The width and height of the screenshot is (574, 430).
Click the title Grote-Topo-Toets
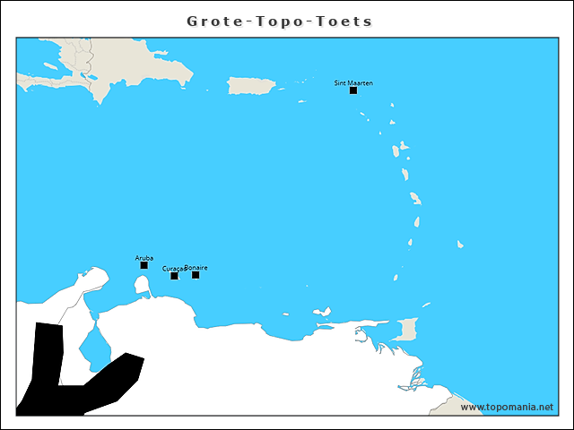pos(279,21)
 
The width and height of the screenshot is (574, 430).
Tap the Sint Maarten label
pos(353,82)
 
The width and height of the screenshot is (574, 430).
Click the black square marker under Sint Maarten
pos(353,90)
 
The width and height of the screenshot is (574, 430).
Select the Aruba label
pos(143,258)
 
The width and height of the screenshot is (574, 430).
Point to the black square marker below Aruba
pos(143,265)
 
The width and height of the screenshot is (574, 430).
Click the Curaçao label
pos(171,268)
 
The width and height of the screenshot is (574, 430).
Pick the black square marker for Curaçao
pos(174,276)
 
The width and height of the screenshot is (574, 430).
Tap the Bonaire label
pos(196,267)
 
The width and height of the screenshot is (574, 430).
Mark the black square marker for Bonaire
pos(196,274)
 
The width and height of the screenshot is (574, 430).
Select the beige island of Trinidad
pos(408,331)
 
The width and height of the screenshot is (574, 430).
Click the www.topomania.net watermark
pos(508,407)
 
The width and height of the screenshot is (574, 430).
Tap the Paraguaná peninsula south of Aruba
pos(142,285)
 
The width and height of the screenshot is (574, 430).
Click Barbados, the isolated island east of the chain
pos(459,245)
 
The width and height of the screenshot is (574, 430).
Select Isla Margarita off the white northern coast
pos(320,313)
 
